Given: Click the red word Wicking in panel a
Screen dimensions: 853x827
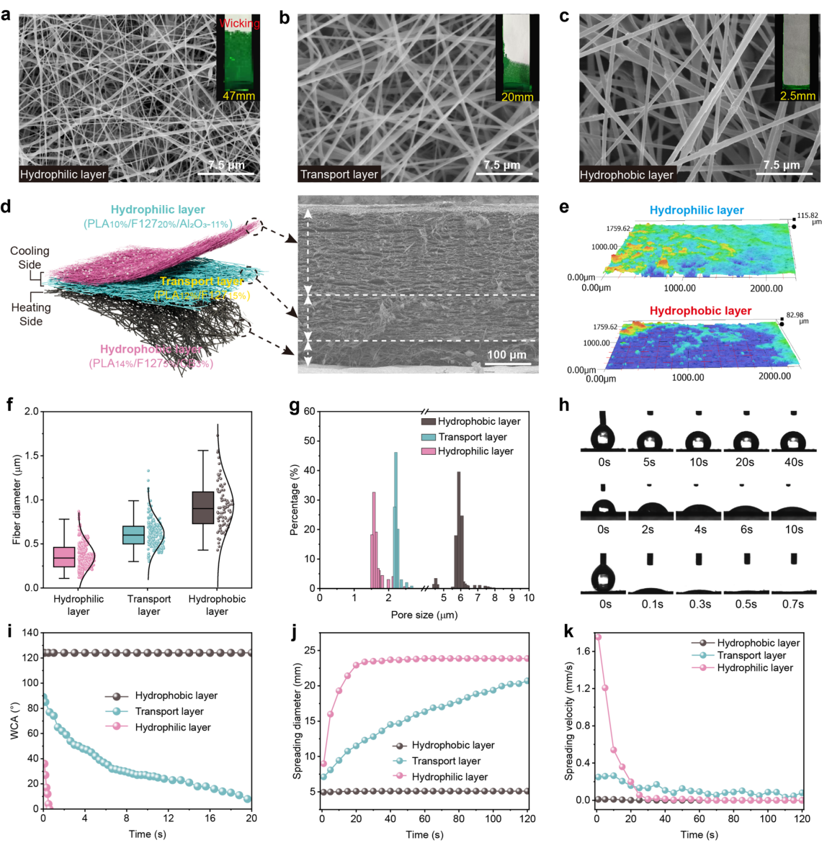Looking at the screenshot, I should click(239, 23).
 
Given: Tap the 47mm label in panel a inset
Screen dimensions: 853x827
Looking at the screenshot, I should click(238, 96).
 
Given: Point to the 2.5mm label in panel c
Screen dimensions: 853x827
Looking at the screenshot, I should click(798, 96).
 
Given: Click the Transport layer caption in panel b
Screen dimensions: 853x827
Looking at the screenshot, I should click(339, 174).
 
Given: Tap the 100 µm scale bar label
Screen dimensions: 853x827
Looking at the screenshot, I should click(506, 355).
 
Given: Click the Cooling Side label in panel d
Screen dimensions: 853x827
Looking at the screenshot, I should click(30, 258).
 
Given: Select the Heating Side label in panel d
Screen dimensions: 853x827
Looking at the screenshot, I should click(31, 314).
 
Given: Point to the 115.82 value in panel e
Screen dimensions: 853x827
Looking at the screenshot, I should click(808, 215).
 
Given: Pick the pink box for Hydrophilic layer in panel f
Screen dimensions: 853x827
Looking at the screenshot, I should click(64, 557).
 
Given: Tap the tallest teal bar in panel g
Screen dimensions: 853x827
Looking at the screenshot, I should click(395, 518).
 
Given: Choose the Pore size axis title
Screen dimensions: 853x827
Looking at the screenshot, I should click(424, 615).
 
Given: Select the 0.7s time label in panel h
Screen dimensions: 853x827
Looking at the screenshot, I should click(793, 604).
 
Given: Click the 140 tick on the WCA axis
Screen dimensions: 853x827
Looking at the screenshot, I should click(30, 633).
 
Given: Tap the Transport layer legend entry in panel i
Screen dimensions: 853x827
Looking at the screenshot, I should click(169, 711).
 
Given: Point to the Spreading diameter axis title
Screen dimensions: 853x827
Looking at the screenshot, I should click(297, 731).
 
